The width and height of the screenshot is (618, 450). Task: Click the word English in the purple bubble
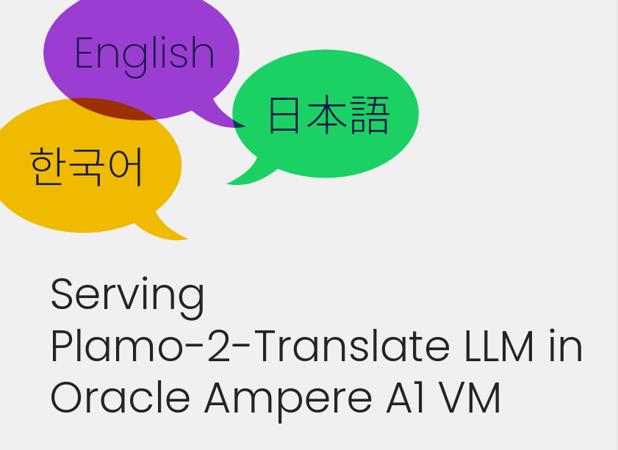(144, 55)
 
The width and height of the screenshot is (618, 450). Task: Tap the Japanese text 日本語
(329, 115)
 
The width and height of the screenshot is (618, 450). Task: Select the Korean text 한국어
(86, 167)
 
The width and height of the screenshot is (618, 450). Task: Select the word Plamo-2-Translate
(250, 346)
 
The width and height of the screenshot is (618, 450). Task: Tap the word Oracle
(121, 398)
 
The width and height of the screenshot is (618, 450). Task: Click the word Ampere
(288, 401)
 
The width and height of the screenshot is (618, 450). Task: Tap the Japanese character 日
(284, 115)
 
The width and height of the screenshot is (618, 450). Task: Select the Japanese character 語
(370, 115)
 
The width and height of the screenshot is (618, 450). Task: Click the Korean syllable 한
(46, 167)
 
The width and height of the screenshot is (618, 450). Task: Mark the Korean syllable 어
(125, 167)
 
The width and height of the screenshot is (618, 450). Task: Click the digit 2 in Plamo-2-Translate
(219, 346)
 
